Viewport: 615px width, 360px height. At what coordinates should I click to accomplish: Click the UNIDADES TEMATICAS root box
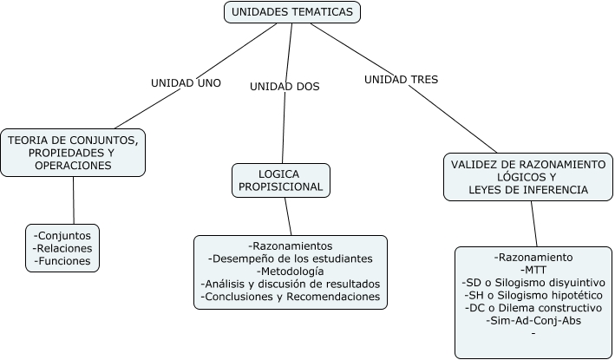291,12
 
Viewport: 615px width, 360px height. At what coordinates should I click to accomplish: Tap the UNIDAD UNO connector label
186,83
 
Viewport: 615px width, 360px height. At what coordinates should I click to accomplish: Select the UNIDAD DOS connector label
285,87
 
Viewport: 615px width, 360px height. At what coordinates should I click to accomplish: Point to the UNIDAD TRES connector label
401,79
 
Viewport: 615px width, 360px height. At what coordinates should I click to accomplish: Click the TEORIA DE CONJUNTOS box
73,152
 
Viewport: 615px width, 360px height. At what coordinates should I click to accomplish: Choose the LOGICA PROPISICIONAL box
281,180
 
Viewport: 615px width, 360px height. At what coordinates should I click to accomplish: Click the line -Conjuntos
62,234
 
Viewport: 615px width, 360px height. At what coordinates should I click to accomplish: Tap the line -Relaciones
62,247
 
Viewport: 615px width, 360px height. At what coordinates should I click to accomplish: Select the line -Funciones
62,260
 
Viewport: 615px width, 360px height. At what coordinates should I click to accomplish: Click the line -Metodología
291,272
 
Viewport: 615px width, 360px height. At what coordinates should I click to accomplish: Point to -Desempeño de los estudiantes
291,259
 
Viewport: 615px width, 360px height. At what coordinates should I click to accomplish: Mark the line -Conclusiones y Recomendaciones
291,297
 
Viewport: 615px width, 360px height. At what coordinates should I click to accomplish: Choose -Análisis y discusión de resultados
291,284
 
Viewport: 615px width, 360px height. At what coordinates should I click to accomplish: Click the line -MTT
533,270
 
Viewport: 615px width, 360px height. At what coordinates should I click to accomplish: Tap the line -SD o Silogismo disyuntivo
533,283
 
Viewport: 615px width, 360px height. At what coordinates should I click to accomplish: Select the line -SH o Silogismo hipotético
533,295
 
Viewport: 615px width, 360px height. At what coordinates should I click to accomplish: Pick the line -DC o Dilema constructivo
533,308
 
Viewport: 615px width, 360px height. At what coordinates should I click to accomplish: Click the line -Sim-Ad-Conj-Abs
533,320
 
